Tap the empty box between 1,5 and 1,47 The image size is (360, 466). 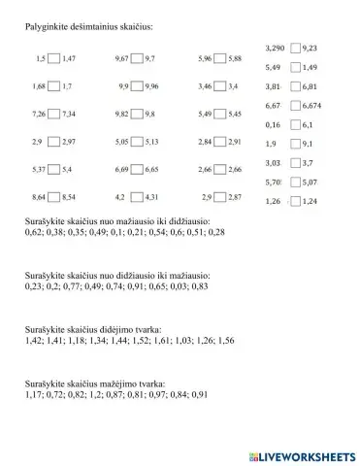(53, 58)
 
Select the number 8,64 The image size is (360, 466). (40, 197)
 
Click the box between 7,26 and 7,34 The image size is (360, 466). (54, 114)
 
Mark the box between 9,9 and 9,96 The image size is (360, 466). (137, 86)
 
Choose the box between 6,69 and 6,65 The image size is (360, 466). (137, 169)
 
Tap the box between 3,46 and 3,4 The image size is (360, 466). (219, 86)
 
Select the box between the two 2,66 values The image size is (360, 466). (219, 169)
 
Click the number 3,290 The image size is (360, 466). (275, 48)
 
